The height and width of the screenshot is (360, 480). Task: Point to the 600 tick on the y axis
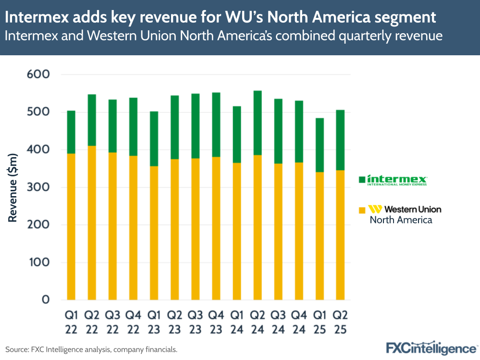38,74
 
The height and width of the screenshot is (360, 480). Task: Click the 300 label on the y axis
38,187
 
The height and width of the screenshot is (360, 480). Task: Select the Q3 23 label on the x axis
195,323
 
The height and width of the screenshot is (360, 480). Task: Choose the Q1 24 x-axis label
237,323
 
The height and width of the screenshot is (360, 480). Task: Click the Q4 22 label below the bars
133,323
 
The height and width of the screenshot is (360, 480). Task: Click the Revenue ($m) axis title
13,187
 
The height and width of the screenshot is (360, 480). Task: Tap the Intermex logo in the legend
397,180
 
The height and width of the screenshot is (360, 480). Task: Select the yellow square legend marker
362,210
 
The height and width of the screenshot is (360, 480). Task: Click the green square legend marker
362,179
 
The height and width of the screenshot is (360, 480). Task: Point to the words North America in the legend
401,220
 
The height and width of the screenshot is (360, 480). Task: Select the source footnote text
91,349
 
